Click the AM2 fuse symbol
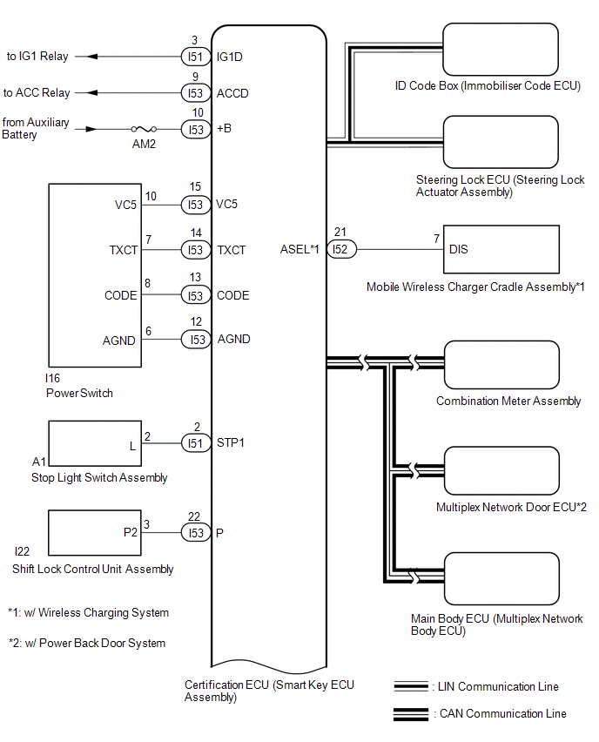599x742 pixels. click(x=139, y=129)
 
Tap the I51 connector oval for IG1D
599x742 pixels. click(x=194, y=57)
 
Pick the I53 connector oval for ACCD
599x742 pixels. click(x=195, y=93)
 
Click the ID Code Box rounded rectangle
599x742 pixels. click(x=501, y=51)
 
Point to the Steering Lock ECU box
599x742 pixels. click(x=501, y=142)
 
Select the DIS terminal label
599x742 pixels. click(x=459, y=249)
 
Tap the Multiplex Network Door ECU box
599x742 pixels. click(x=501, y=472)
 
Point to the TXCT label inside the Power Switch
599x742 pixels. click(x=124, y=250)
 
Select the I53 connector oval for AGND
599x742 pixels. click(x=195, y=340)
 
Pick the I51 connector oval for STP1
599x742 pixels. click(x=194, y=442)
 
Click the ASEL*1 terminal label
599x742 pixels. click(x=299, y=250)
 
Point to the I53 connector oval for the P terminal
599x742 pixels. click(x=195, y=533)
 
